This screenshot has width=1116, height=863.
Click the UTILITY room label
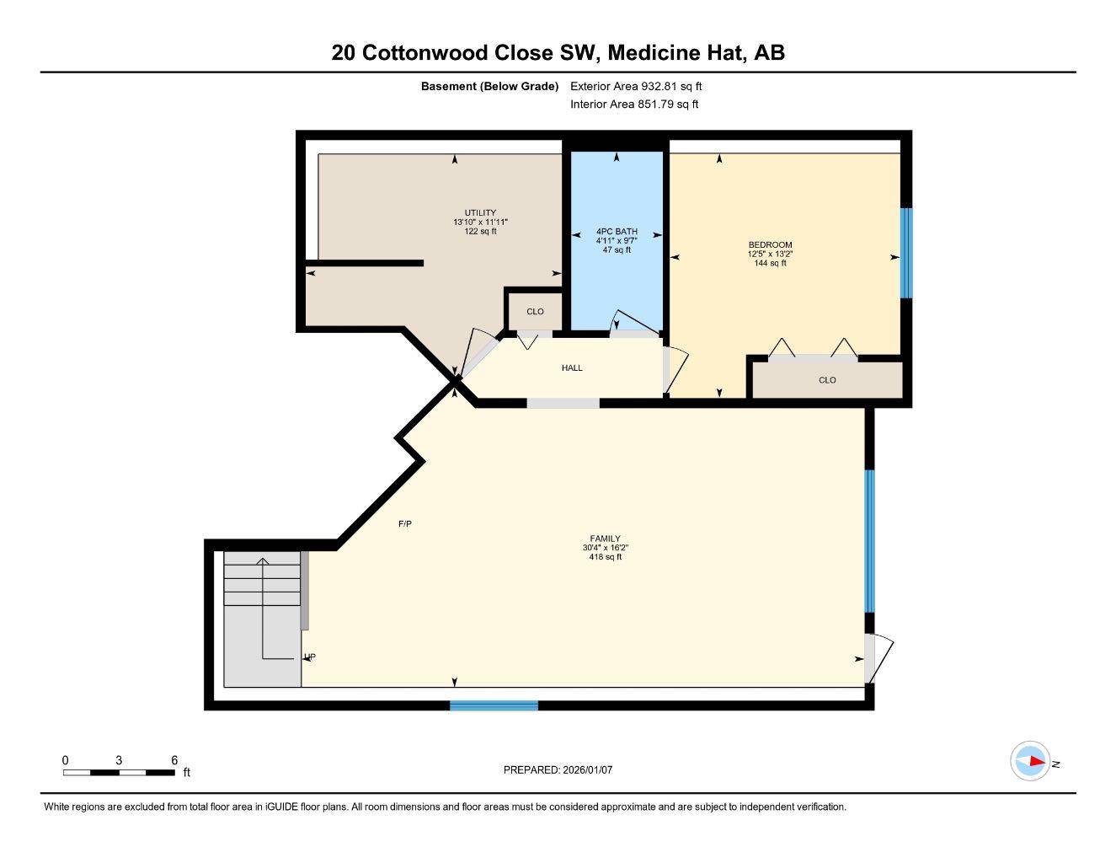tap(480, 212)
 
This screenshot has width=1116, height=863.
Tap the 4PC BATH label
tap(617, 231)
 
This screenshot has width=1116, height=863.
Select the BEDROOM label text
tap(770, 244)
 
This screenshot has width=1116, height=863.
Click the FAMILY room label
tap(605, 539)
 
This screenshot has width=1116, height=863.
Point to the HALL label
tap(572, 367)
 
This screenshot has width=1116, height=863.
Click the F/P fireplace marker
tap(404, 524)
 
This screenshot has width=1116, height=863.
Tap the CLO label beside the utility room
tap(535, 312)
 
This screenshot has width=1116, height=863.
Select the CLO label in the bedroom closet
tap(827, 380)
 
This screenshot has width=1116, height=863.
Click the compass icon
tap(1030, 761)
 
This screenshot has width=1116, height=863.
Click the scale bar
tap(119, 772)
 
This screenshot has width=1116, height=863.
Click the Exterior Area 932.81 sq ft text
tap(636, 86)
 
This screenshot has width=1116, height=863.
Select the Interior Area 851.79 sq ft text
tap(634, 105)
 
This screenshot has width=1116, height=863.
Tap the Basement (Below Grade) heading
tap(489, 86)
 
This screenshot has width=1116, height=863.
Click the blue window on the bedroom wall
tap(906, 253)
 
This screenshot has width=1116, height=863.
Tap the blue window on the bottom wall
tap(494, 705)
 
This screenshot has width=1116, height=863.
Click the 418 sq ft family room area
tap(605, 557)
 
